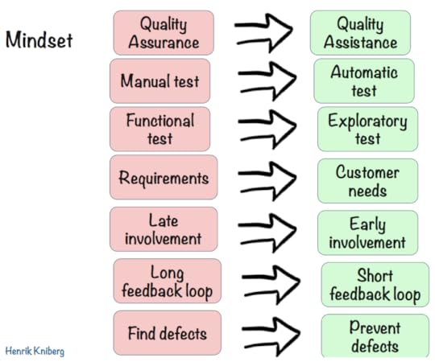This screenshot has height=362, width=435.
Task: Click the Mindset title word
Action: [x=38, y=39]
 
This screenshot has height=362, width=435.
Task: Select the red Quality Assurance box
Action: [x=164, y=33]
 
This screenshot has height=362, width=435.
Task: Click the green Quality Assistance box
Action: [x=360, y=33]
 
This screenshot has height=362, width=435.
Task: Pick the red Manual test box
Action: [x=159, y=81]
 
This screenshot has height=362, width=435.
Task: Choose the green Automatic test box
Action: [x=364, y=81]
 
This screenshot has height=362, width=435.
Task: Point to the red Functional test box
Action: [x=159, y=130]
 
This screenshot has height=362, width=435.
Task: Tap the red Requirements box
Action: [x=163, y=179]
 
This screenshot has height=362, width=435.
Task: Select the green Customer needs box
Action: [x=367, y=181]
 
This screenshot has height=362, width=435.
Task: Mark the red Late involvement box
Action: [x=164, y=229]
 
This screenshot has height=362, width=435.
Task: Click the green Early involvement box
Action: [x=367, y=233]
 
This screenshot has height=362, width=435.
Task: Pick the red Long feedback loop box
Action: [x=167, y=281]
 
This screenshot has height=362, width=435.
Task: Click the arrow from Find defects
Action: [x=270, y=332]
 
